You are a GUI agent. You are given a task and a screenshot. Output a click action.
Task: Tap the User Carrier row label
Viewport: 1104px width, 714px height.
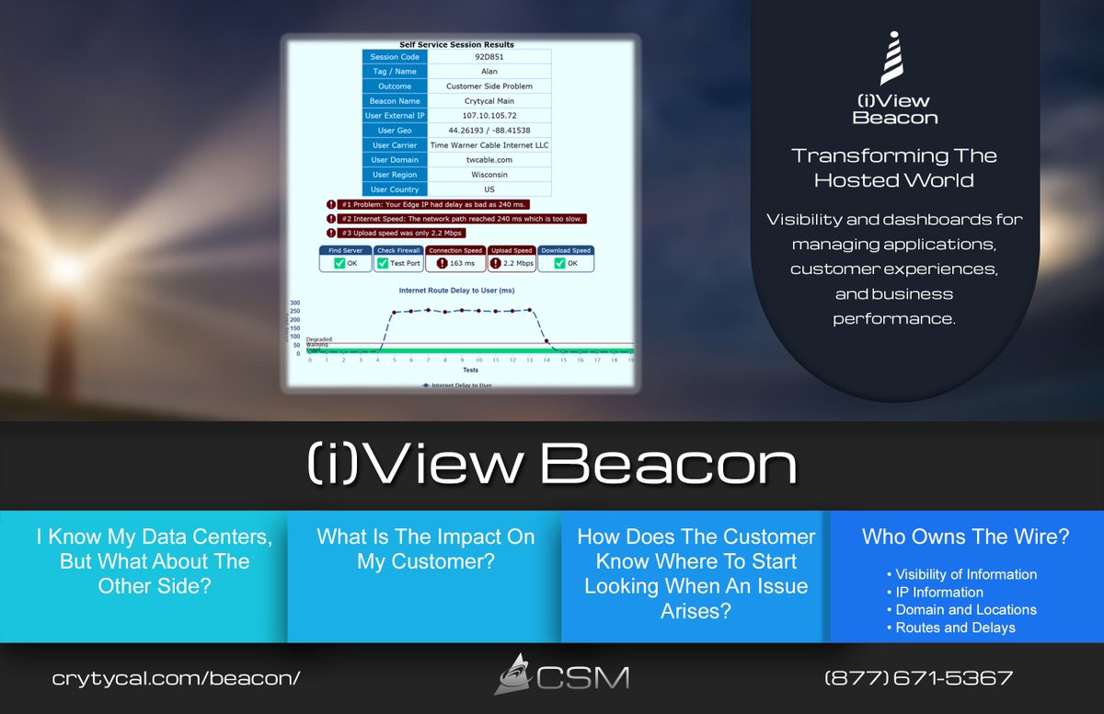coord(394,145)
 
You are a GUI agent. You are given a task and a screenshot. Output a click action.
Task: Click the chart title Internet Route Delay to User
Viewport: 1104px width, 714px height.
coord(456,290)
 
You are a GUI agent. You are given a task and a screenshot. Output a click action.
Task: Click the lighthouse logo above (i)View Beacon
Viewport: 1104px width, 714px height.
coord(893,58)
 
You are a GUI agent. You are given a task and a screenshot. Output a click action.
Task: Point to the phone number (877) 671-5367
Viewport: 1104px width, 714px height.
coord(918,679)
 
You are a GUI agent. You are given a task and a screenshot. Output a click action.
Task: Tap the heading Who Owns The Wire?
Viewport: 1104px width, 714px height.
coord(965,537)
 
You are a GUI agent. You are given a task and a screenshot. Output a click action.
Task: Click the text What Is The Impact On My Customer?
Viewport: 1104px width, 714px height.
coord(425,549)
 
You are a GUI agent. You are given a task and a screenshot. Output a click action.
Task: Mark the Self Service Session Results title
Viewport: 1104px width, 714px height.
coord(456,44)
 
